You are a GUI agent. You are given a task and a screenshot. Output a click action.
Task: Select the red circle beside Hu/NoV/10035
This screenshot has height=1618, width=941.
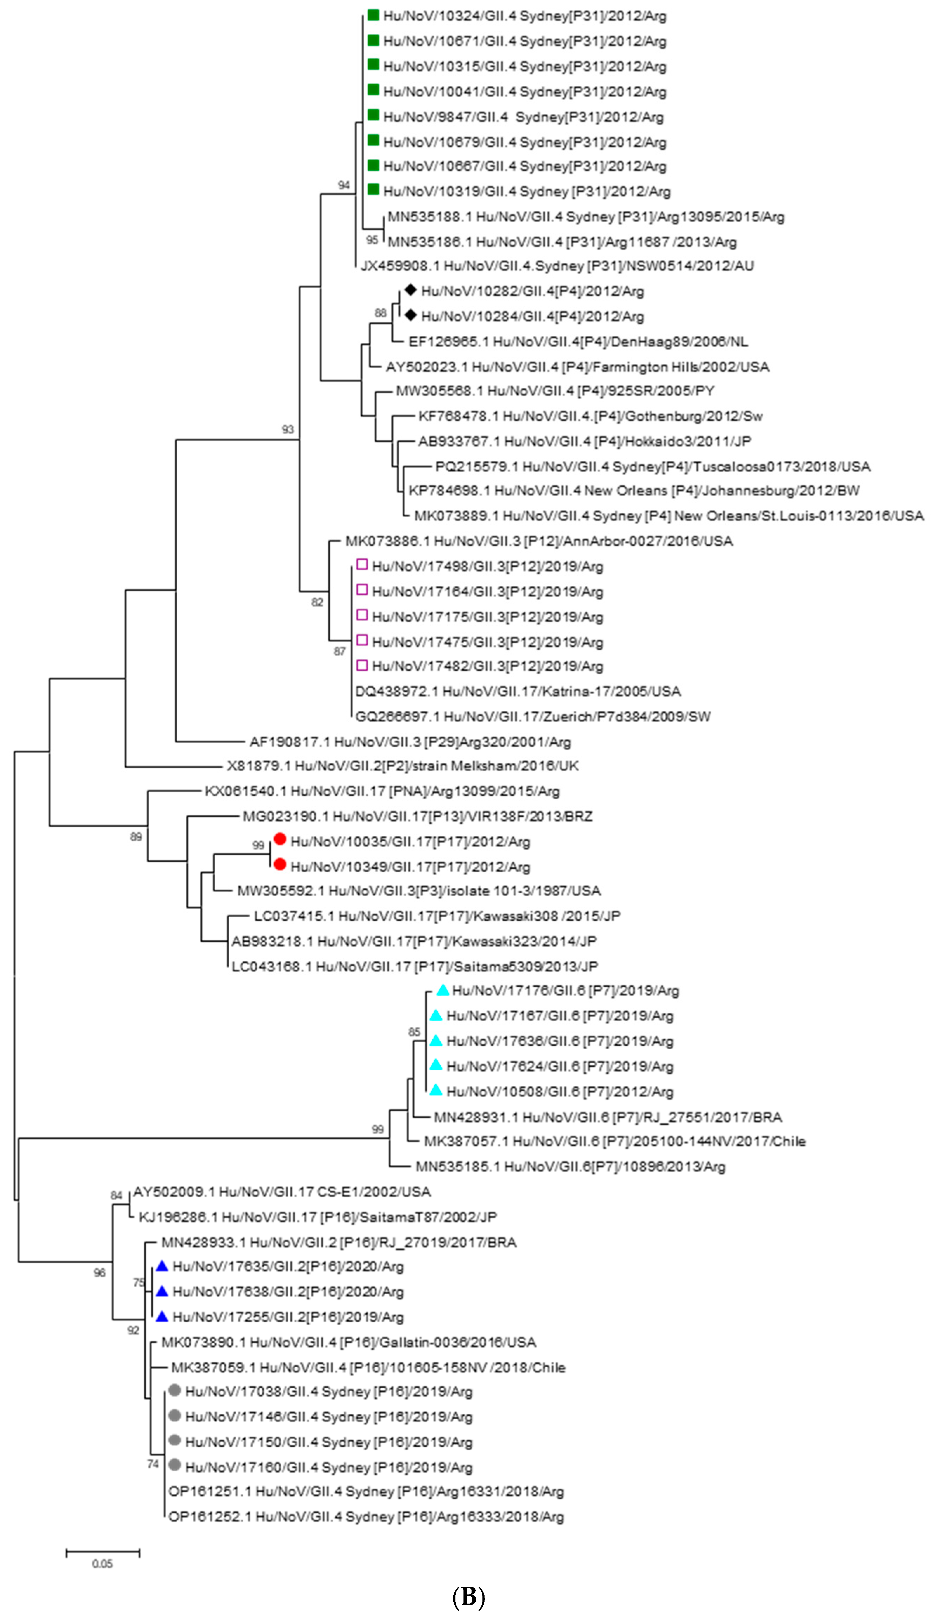coord(280,839)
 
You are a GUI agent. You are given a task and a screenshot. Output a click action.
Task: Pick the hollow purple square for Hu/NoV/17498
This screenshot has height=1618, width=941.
coord(362,564)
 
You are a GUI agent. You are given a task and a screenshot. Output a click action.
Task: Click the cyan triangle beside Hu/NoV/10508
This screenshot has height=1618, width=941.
coord(436,1090)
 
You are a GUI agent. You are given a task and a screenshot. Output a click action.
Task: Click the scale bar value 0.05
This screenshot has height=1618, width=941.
coord(102,1564)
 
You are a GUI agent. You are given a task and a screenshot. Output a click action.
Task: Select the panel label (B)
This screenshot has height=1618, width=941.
coord(469,1597)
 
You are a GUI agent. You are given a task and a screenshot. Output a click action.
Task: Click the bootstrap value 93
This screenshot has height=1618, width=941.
coord(288,429)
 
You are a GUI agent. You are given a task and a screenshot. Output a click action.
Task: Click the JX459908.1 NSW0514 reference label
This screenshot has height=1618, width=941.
coord(557,266)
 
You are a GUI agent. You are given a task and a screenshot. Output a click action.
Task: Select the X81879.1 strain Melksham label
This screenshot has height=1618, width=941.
coord(402,766)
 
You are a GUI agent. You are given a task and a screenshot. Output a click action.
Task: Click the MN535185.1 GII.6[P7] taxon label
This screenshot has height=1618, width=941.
coord(570,1167)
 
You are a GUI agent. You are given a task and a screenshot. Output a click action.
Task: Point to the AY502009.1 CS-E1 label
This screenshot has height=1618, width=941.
coord(282,1192)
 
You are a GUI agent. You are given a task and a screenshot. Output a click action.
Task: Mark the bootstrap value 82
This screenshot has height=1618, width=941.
coord(317,602)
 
